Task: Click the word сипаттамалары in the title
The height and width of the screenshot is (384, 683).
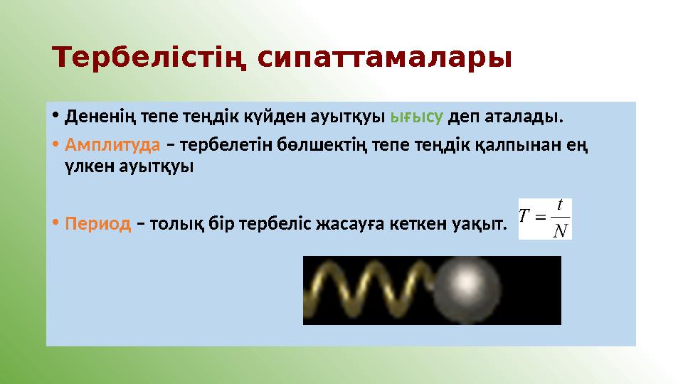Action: pos(383,58)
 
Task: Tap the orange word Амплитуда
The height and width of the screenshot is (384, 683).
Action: pos(112,145)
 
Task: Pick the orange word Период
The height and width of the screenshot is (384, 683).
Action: pos(98,225)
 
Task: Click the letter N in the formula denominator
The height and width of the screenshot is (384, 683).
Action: pos(560,230)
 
